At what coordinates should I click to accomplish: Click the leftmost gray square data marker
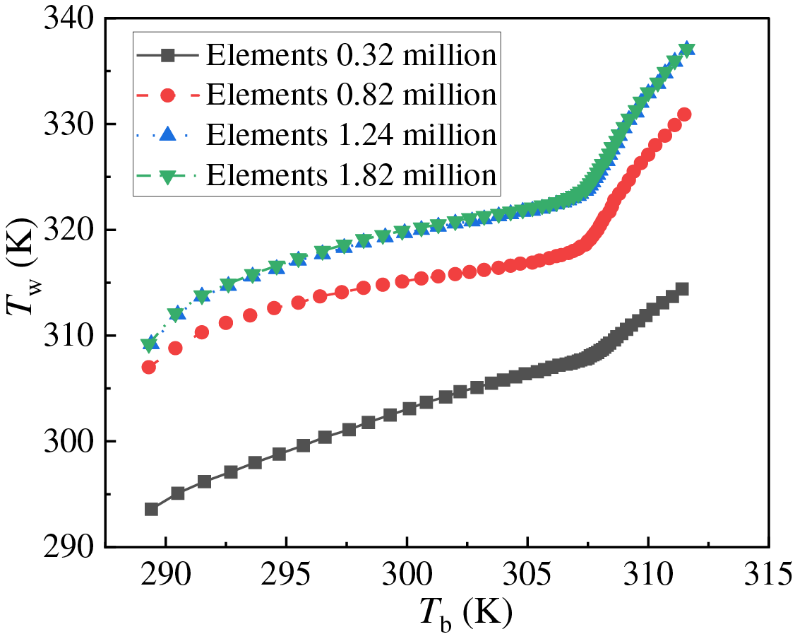click(151, 509)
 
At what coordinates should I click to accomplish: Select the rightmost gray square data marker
click(682, 288)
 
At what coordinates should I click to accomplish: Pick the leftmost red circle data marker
click(149, 367)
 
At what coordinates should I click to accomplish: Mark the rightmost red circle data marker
click(684, 115)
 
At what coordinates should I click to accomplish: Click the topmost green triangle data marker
click(686, 49)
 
